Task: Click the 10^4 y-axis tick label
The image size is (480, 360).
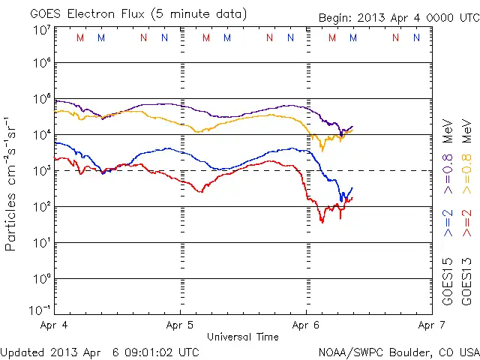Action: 41,135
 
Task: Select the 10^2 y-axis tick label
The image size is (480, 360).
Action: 41,207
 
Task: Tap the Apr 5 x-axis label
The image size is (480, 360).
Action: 180,326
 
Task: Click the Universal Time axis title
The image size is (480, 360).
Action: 242,337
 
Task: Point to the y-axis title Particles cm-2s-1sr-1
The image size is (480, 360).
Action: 12,183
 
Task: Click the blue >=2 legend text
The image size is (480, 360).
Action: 448,223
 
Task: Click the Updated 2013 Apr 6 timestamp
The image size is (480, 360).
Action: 100,351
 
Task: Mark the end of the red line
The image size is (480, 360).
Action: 352,197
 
